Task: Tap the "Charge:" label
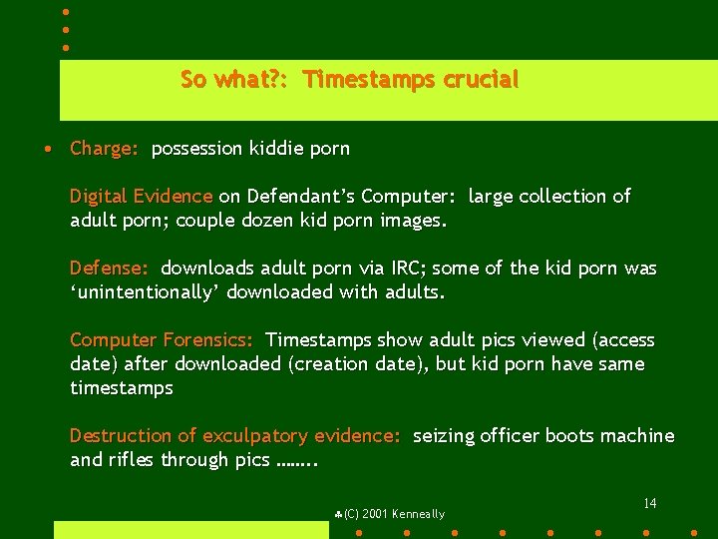click(104, 149)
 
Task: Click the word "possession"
click(196, 149)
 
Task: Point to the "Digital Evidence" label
click(141, 197)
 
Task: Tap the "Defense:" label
click(109, 269)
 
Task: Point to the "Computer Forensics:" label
click(162, 340)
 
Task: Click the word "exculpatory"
click(255, 436)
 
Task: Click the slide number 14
click(649, 503)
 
